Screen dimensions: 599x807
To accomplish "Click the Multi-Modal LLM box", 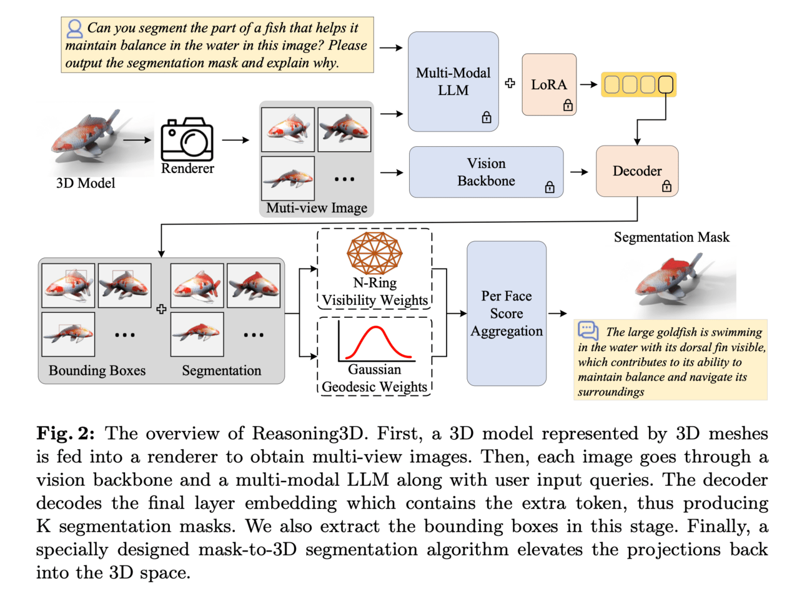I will point(453,81).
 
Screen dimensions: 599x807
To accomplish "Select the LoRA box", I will point(549,84).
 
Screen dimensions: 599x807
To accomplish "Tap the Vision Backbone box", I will point(486,172).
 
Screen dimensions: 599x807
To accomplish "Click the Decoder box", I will point(637,171).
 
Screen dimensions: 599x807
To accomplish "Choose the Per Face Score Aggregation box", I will point(507,313).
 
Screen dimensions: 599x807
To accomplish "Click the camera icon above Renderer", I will point(187,139).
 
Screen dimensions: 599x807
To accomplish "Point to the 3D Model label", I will point(86,183).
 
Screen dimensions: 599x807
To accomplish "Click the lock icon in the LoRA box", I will point(568,105).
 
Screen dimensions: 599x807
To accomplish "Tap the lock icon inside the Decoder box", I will point(666,186).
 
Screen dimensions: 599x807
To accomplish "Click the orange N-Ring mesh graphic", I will point(375,253).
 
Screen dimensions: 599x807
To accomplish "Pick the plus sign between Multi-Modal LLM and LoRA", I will point(510,83).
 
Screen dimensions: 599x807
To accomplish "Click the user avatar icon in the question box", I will point(75,28).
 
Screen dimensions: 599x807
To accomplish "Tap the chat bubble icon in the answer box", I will point(588,330).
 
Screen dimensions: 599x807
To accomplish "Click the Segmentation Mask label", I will point(671,237).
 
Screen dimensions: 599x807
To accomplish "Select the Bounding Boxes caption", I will point(97,370).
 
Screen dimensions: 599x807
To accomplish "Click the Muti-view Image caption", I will point(317,208).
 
